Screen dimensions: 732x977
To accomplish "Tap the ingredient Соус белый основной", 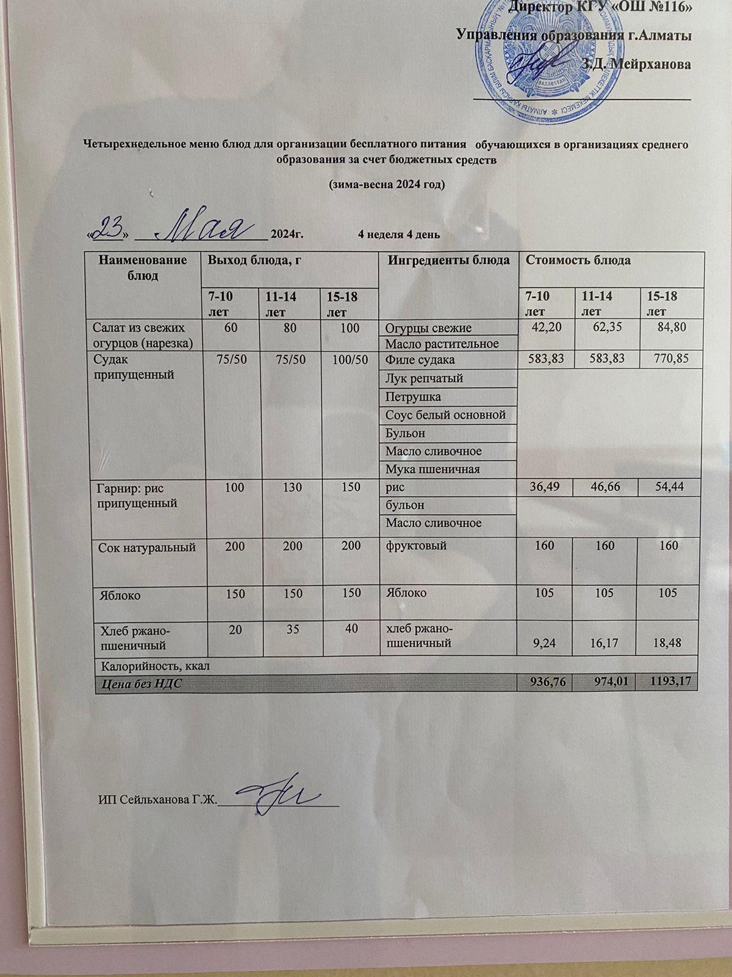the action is click(446, 415).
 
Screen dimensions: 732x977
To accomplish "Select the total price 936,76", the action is click(545, 681).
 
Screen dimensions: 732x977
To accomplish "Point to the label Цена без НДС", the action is click(140, 683).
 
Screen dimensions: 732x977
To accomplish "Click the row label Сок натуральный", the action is click(147, 547).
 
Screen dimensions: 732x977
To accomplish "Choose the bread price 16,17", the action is click(605, 642).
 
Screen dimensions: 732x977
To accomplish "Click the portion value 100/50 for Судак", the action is click(350, 360).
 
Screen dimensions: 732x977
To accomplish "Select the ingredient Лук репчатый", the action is click(424, 379).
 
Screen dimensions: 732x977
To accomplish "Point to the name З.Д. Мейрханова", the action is click(636, 65).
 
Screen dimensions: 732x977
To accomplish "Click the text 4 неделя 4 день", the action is click(399, 234).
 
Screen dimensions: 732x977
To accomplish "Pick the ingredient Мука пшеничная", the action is click(432, 470).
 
